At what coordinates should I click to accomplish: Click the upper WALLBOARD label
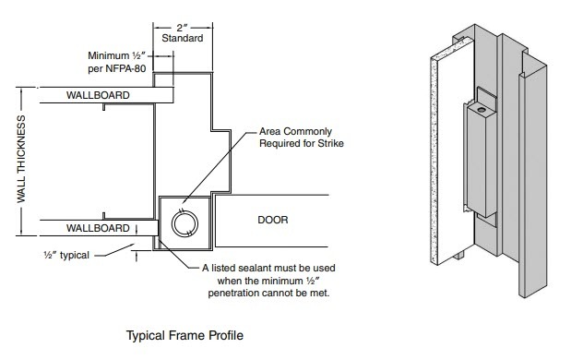(x=98, y=95)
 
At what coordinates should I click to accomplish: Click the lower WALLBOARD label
(x=98, y=228)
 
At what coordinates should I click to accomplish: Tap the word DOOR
(x=273, y=220)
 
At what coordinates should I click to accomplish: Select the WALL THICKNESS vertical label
(x=21, y=159)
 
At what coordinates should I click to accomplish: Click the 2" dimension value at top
(x=182, y=28)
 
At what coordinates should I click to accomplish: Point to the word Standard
(x=183, y=38)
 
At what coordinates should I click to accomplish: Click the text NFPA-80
(x=126, y=68)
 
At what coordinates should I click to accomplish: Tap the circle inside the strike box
(x=184, y=223)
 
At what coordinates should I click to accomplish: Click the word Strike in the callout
(x=330, y=143)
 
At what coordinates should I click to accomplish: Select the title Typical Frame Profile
(x=184, y=335)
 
